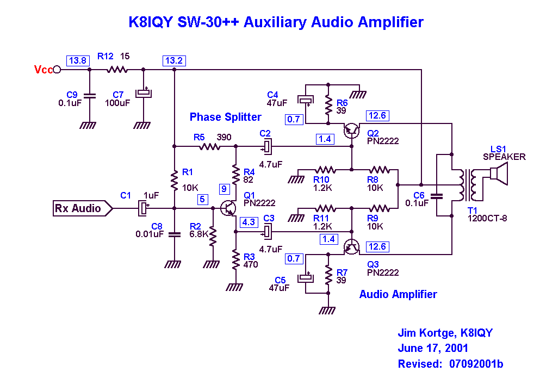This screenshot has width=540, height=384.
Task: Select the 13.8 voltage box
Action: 77,60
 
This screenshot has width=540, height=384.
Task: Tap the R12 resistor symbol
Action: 116,70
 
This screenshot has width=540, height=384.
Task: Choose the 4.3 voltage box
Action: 249,222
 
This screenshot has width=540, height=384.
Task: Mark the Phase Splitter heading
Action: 225,117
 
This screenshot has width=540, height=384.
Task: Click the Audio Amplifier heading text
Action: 398,294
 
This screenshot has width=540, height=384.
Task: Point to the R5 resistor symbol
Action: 209,146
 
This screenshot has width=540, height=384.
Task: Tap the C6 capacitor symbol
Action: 436,194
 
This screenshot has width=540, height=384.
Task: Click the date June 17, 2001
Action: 433,349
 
